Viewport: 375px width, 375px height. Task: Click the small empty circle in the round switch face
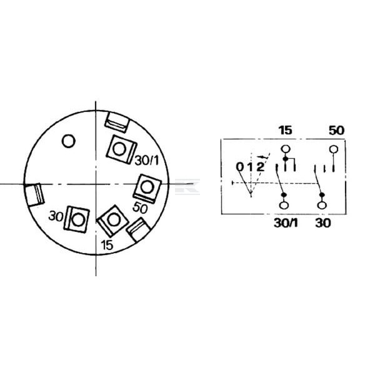click(x=69, y=141)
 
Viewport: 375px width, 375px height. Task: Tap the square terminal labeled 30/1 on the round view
click(x=121, y=149)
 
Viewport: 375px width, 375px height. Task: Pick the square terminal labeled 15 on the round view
click(x=113, y=221)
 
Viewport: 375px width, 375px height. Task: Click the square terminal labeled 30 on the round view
click(x=76, y=219)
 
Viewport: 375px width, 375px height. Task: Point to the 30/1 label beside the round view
click(x=147, y=160)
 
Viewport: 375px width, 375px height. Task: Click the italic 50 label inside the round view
click(x=140, y=207)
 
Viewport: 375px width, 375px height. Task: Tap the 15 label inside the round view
click(x=107, y=245)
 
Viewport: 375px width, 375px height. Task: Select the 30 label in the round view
click(x=56, y=216)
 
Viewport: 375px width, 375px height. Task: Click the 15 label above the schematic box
click(x=286, y=131)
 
